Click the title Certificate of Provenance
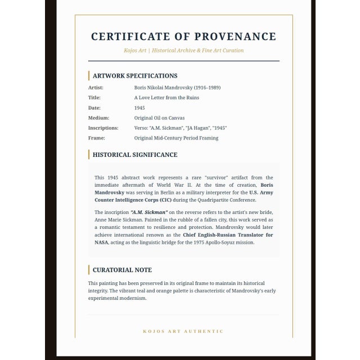[183, 37]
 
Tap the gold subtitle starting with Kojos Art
[183, 51]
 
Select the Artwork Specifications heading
[135, 76]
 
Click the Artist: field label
[96, 88]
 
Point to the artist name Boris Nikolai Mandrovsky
[177, 88]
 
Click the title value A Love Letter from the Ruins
[166, 98]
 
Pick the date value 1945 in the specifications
[139, 108]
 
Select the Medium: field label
[98, 118]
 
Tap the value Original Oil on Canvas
[159, 118]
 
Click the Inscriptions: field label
[103, 128]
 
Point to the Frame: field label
[97, 138]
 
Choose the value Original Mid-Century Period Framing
[176, 138]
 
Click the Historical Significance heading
[135, 155]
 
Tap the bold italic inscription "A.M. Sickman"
[149, 212]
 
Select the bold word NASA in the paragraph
[101, 242]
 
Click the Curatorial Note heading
[122, 270]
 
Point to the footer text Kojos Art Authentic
[183, 331]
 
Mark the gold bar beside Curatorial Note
[89, 270]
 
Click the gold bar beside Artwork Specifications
[89, 76]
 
